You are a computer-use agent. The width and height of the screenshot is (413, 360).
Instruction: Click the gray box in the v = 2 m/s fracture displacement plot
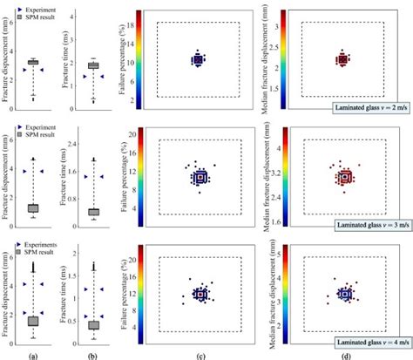click(x=33, y=62)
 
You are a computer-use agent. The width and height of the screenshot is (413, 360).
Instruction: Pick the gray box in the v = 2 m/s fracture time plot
click(x=92, y=65)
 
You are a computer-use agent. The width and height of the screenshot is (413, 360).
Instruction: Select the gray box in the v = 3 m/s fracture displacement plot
click(x=33, y=208)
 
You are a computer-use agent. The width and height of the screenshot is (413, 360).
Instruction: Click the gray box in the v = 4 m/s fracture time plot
click(x=92, y=324)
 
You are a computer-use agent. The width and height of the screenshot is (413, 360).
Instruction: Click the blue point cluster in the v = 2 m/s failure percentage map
click(x=198, y=60)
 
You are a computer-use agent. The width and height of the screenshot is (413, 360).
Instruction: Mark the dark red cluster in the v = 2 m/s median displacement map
click(x=342, y=60)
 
